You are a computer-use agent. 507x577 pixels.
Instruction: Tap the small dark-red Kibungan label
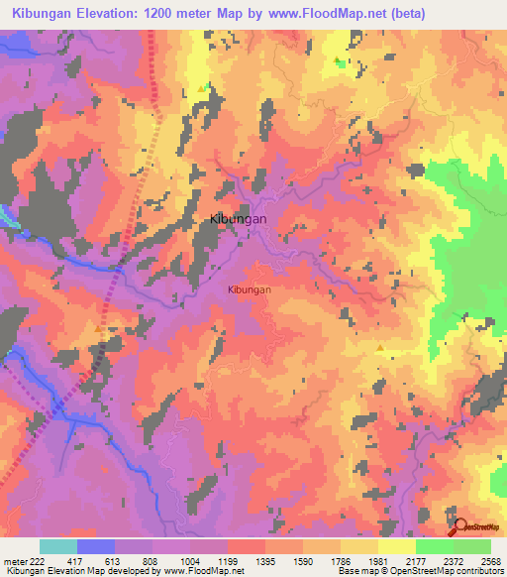(x=249, y=289)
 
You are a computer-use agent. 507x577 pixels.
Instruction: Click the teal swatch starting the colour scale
(x=58, y=546)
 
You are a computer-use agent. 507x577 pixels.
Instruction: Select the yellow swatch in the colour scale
(x=396, y=546)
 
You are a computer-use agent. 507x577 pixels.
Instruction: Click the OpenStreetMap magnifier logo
(x=457, y=527)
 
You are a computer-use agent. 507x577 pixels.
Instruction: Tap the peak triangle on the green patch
(x=340, y=62)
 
